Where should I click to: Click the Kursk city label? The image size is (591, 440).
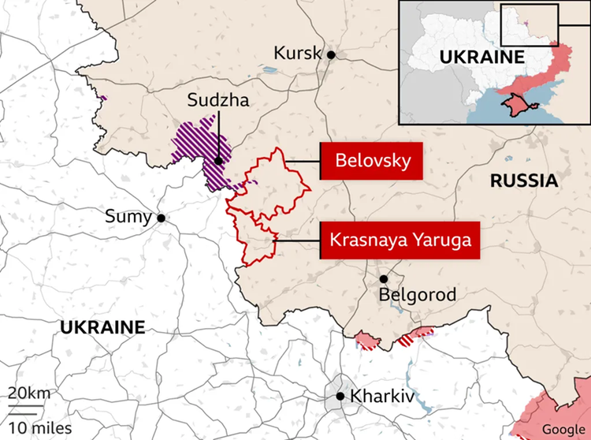[x=297, y=53]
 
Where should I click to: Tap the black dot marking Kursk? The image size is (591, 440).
[x=332, y=54]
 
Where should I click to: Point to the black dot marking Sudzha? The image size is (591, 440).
[x=218, y=161]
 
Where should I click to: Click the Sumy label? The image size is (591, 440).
[x=129, y=217]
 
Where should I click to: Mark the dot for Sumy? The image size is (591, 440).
[x=161, y=218]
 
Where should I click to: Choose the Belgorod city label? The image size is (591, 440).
[x=418, y=296]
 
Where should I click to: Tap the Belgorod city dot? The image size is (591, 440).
[x=384, y=279]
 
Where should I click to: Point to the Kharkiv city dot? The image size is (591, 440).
[x=340, y=397]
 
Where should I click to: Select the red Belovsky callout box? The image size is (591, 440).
[x=371, y=161]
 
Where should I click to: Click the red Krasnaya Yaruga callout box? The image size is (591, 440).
[x=400, y=240]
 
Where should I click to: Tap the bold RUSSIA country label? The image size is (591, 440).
[x=523, y=181]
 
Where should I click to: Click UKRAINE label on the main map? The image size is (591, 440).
[x=102, y=326]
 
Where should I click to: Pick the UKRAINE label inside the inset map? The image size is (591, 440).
[x=481, y=57]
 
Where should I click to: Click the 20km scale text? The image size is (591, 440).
[x=29, y=393]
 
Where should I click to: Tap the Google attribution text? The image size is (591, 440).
[x=563, y=428]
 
